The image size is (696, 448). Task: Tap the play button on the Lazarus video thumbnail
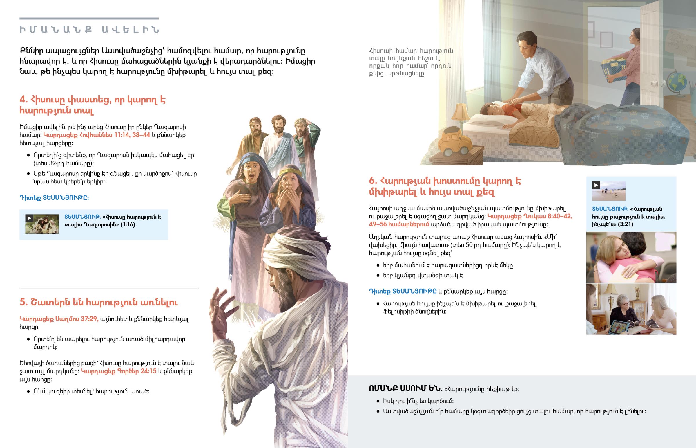pyautogui.click(x=29, y=218)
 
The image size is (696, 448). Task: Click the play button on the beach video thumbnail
pyautogui.click(x=596, y=185)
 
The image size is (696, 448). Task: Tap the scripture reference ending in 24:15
pyautogui.click(x=119, y=371)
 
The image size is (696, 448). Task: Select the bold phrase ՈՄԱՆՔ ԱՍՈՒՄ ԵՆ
pyautogui.click(x=405, y=388)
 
